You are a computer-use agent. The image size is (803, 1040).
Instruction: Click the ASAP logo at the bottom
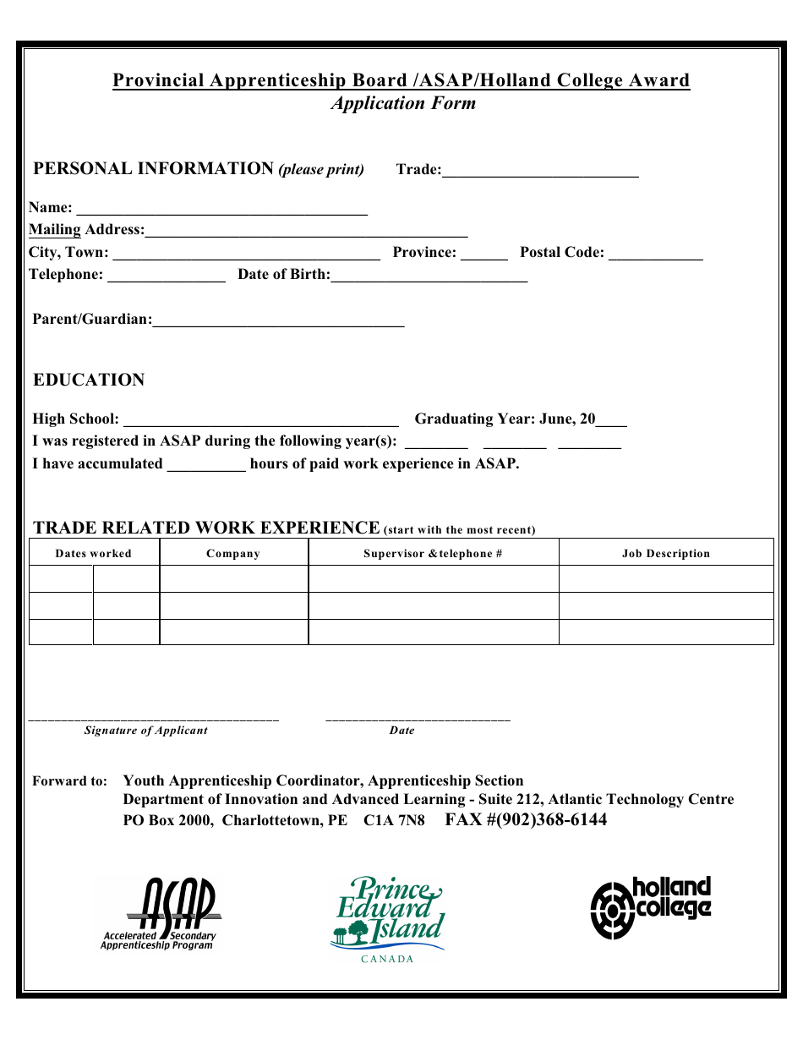(x=160, y=914)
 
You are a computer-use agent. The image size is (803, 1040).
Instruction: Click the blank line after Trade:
(x=540, y=172)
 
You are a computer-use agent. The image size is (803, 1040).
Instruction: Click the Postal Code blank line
(x=656, y=255)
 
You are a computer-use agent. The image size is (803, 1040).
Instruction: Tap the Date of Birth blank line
(x=429, y=277)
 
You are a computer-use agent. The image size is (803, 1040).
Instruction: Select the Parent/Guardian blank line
(x=279, y=322)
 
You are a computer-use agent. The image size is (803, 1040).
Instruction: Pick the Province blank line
(x=484, y=255)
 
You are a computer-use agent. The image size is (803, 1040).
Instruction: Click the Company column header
(x=233, y=554)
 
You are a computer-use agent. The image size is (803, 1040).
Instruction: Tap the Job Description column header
(x=666, y=554)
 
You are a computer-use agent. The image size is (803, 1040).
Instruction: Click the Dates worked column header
(x=94, y=554)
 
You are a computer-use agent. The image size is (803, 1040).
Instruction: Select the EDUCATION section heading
(x=89, y=380)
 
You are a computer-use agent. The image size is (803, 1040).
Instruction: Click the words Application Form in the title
(x=403, y=103)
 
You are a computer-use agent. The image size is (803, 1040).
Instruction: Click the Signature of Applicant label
(x=145, y=731)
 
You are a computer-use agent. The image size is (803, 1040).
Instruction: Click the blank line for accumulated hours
(x=206, y=467)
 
